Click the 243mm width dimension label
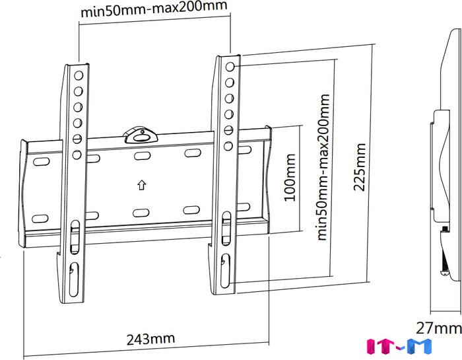pos(150,339)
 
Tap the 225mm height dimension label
pos(359,167)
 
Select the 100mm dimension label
pos(289,178)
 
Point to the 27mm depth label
pos(438,328)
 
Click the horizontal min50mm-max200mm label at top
pos(154,9)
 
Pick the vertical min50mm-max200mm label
pos(323,167)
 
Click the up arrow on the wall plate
pos(142,185)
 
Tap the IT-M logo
pos(399,347)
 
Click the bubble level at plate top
pos(140,136)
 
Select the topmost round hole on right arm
pos(230,67)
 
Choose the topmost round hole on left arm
pos(79,75)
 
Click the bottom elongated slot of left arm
pos(74,279)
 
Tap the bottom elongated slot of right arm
pos(226,271)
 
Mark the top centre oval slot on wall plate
pos(142,155)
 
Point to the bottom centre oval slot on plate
pos(141,213)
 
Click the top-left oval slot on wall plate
pos(41,162)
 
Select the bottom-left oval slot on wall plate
pos(40,219)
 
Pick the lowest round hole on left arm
pos(77,155)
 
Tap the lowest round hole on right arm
pos(228,146)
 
